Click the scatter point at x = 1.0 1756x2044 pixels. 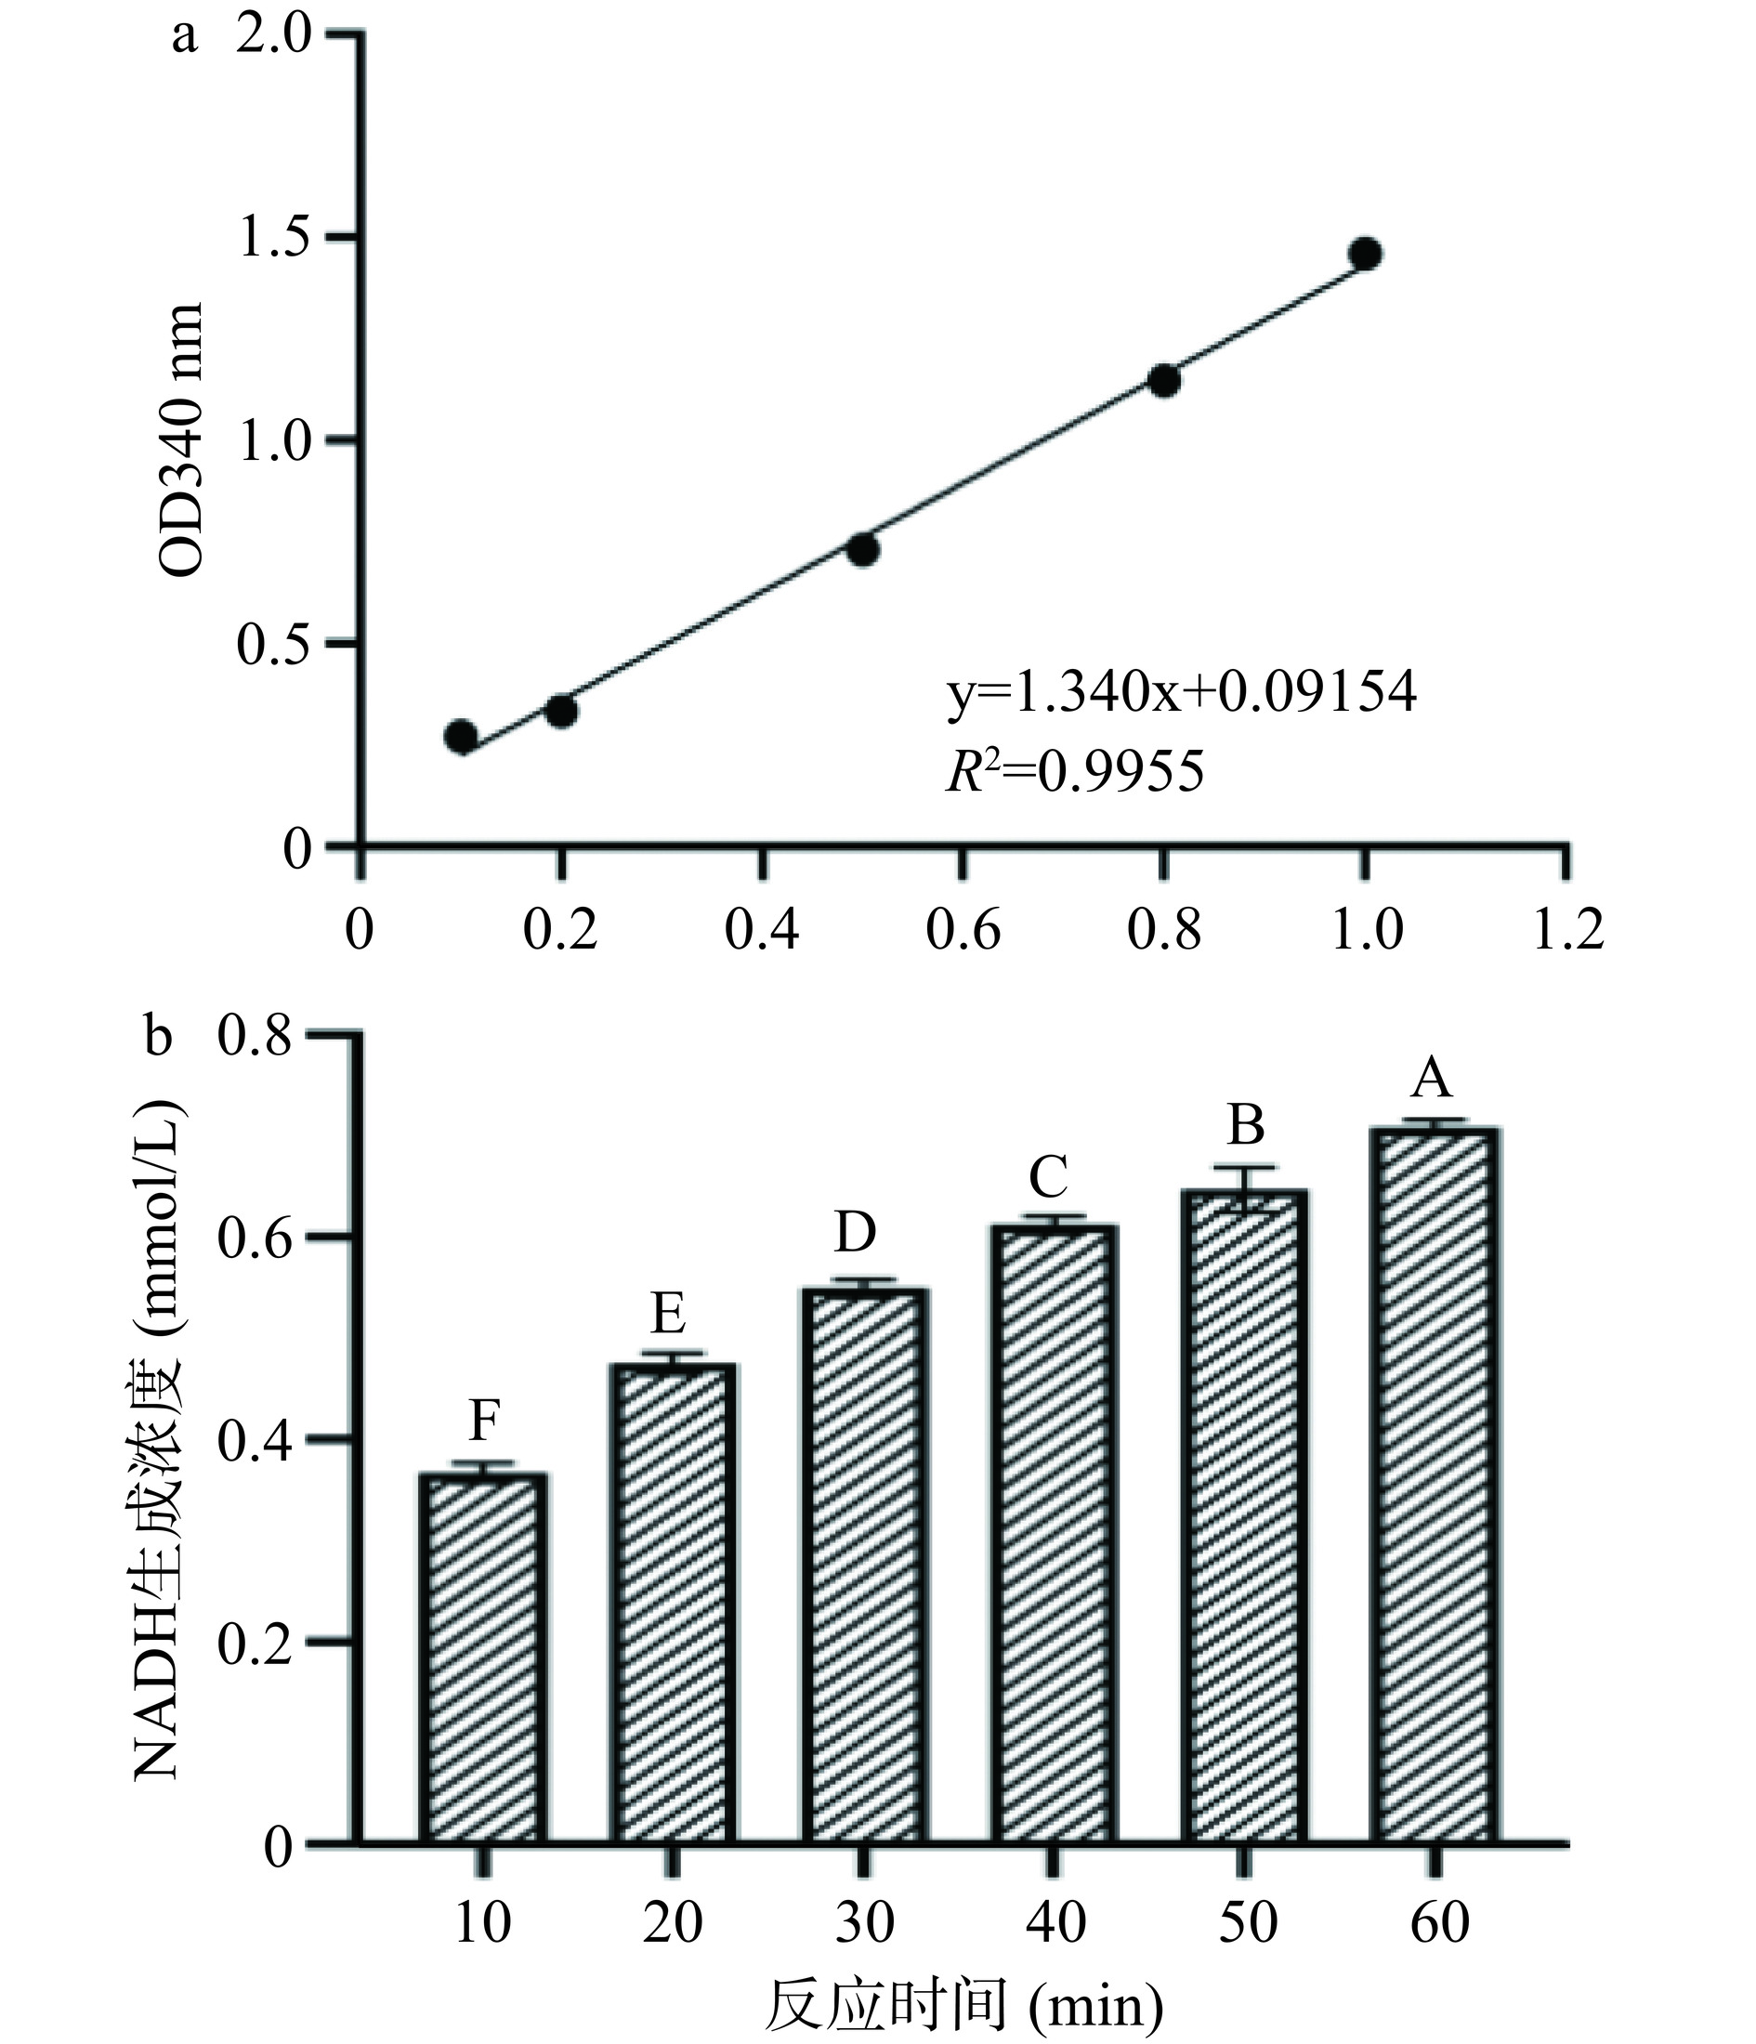[1366, 254]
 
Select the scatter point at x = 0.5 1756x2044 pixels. [863, 549]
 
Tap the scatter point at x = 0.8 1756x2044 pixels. [1164, 381]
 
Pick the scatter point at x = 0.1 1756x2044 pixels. [461, 736]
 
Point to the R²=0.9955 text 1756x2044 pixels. [1075, 771]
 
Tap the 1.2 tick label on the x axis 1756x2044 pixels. [1567, 929]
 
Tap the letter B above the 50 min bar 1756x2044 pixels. [1247, 1125]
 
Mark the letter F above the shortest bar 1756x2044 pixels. [483, 1422]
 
